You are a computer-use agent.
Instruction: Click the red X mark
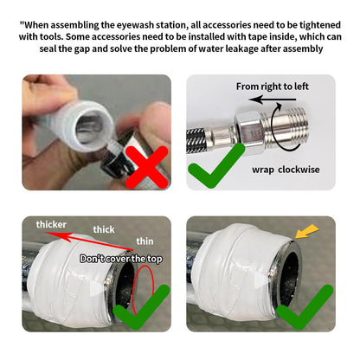point(147,167)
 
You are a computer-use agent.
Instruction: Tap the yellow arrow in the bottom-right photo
point(307,232)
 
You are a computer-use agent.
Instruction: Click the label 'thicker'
point(51,224)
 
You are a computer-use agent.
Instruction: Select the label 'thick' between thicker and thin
point(104,229)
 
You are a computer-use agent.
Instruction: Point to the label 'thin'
point(145,241)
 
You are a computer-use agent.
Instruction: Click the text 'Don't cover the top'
point(121,259)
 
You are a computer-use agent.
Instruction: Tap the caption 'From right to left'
point(273,87)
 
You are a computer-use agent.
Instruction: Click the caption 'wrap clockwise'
point(286,170)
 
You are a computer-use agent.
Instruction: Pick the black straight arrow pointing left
point(273,100)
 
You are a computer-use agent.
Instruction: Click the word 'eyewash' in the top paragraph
point(135,25)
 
